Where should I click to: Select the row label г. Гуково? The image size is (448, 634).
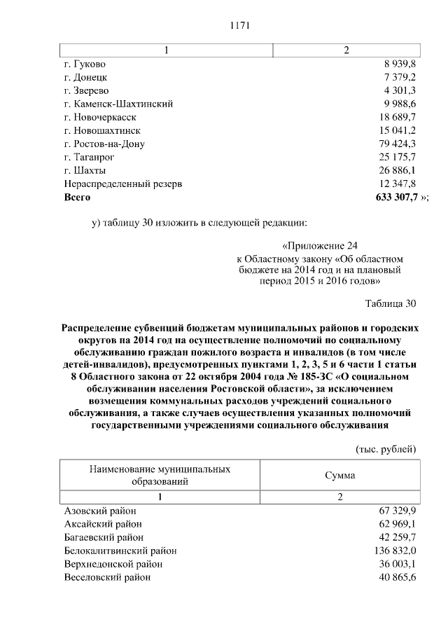(x=86, y=64)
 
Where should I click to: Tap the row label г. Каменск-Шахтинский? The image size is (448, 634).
(x=118, y=104)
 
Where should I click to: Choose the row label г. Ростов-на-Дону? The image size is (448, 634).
(x=104, y=144)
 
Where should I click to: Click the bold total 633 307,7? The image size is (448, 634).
(x=392, y=198)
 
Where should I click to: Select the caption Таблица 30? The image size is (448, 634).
(x=391, y=303)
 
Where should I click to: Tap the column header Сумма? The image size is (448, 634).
(x=339, y=476)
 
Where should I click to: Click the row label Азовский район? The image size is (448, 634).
(x=100, y=511)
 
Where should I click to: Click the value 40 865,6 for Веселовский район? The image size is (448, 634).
(x=396, y=577)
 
